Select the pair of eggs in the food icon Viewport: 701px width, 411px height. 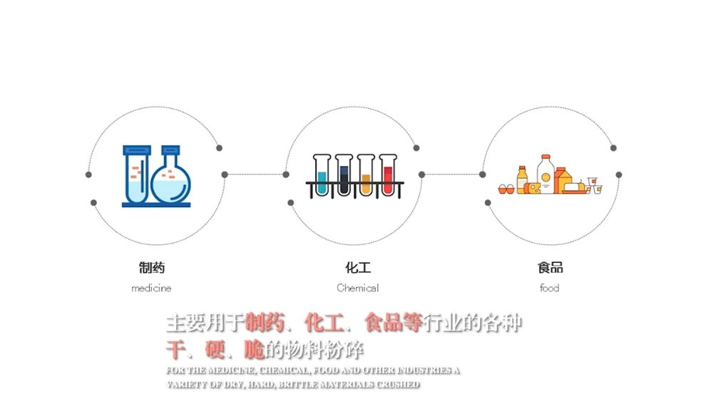[x=506, y=189]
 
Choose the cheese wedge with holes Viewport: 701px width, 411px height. [x=535, y=187]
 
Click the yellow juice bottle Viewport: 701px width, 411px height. [x=523, y=179]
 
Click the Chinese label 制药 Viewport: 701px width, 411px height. [x=152, y=268]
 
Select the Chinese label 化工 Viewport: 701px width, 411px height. [x=358, y=268]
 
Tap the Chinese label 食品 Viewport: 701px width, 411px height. [x=550, y=268]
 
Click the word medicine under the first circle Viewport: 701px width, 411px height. [x=151, y=288]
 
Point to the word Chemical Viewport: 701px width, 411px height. [x=357, y=288]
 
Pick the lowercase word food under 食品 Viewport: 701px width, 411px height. [x=549, y=288]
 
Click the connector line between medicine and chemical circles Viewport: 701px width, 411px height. [x=255, y=175]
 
